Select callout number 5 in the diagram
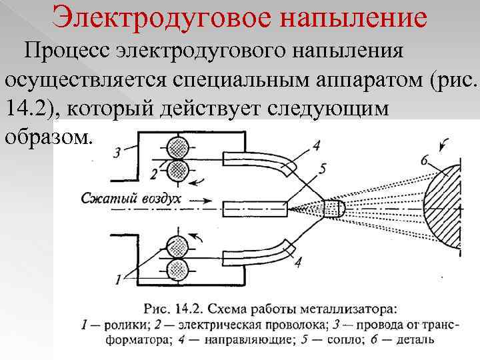coord(323,169)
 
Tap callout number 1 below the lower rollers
coord(118,281)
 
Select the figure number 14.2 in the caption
coord(188,309)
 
